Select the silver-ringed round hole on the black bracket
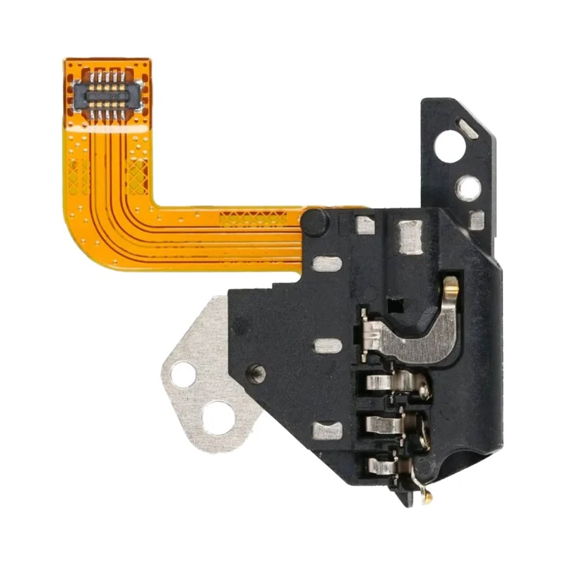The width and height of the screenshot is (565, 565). click(468, 186)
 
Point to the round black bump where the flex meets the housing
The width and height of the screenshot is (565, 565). click(316, 221)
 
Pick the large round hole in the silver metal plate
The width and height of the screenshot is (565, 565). click(218, 417)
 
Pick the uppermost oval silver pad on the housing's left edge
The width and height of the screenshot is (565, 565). click(327, 264)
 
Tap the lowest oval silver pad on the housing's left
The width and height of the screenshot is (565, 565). click(327, 430)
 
